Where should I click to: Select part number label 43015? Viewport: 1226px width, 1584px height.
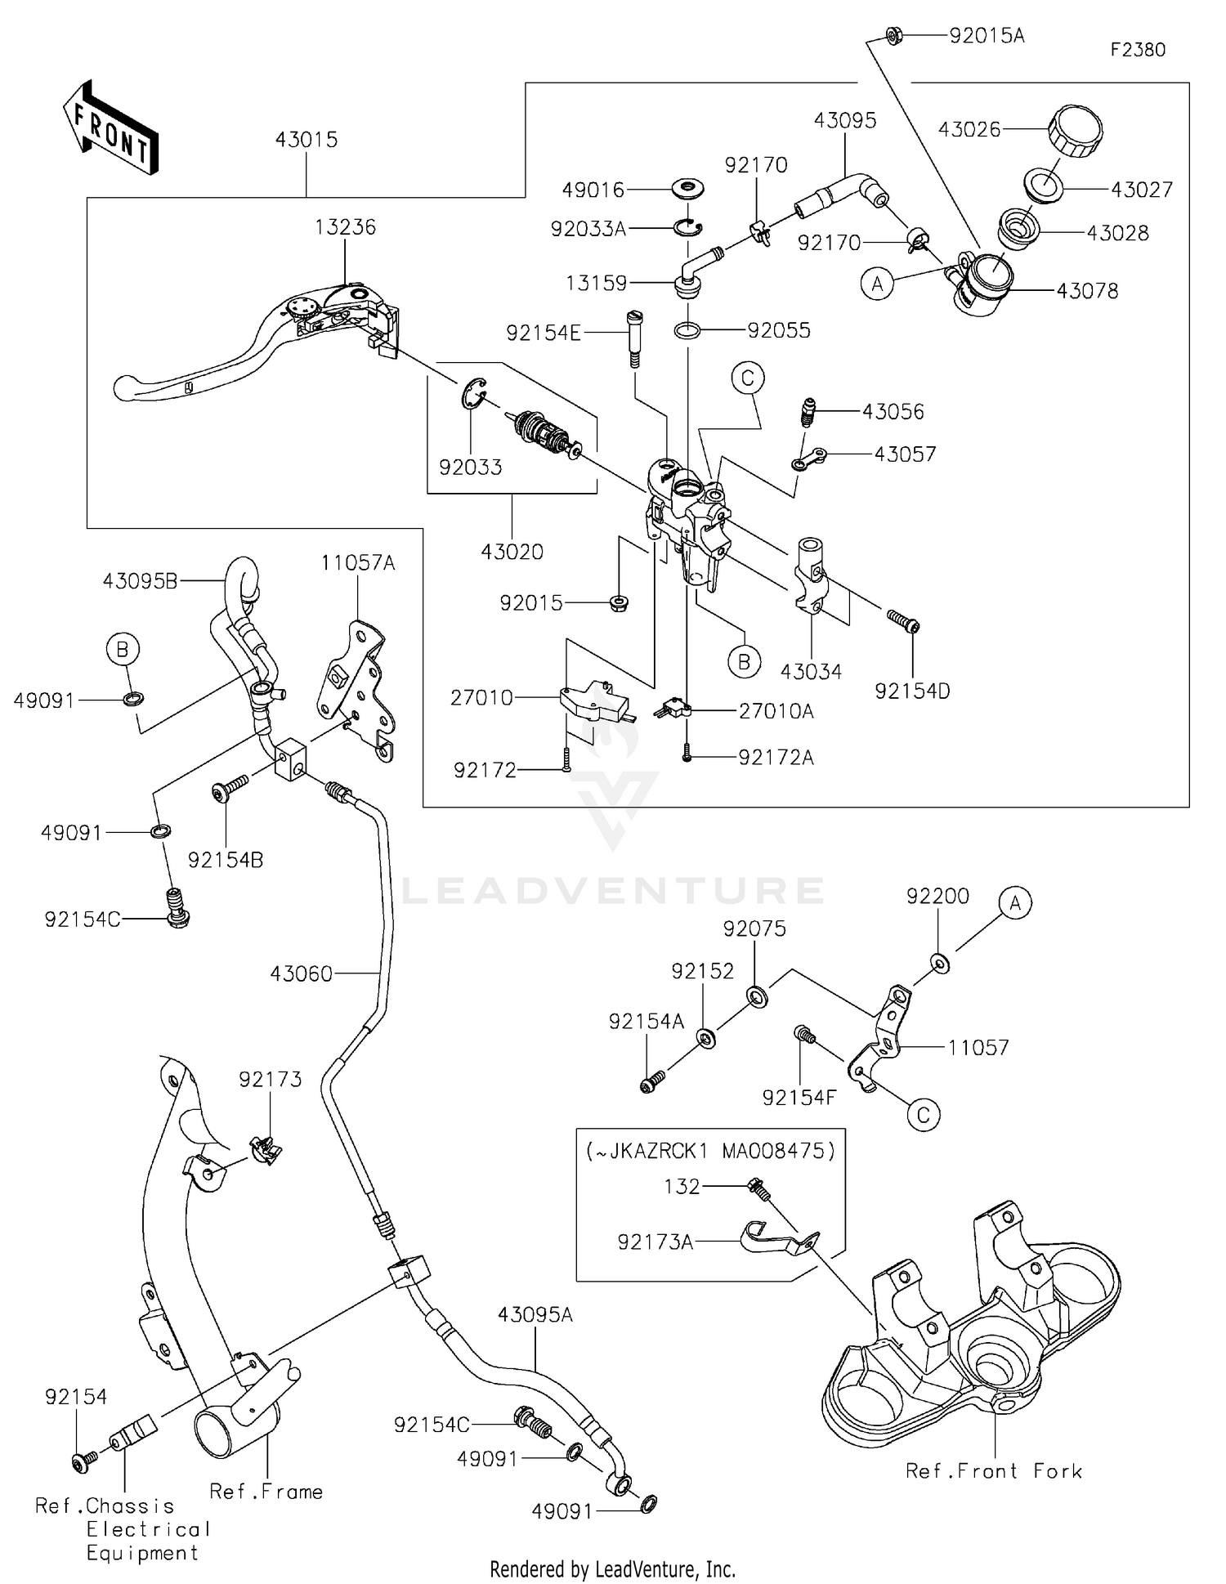(306, 140)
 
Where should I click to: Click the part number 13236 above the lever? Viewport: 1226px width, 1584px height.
(345, 227)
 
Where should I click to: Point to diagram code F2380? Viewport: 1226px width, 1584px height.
(1138, 50)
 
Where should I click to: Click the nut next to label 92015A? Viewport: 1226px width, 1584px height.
(893, 35)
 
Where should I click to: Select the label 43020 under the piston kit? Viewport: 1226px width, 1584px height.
(512, 553)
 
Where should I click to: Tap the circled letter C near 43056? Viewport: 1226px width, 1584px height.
(747, 378)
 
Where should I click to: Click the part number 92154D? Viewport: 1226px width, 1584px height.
(912, 691)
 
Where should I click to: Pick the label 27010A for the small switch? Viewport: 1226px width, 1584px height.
(776, 712)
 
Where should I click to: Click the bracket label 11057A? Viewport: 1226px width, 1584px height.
(357, 563)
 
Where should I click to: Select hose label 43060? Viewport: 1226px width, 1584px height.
(302, 973)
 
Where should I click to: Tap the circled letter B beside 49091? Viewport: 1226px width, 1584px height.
(123, 650)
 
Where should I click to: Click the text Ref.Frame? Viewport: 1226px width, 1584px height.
(266, 1492)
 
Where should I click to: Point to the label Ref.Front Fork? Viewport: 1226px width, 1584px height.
(994, 1471)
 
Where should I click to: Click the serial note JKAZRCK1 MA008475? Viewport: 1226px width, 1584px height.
(710, 1151)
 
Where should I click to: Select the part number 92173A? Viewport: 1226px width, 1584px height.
(656, 1242)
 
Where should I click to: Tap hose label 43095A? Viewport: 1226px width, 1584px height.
(535, 1315)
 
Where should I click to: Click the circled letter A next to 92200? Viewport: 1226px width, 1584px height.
(1015, 903)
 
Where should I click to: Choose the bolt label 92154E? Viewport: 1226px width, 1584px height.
(544, 333)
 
